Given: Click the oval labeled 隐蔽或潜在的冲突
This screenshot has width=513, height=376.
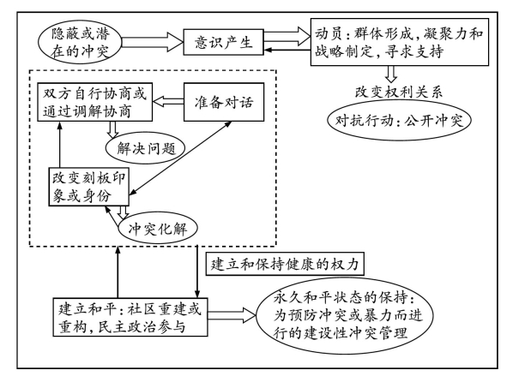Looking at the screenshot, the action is (x=80, y=42).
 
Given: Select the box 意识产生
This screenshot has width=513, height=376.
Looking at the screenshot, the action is (x=223, y=42).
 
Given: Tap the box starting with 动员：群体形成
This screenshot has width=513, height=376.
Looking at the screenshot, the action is (x=400, y=42).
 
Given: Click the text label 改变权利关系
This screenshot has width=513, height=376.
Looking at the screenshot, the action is (x=399, y=92).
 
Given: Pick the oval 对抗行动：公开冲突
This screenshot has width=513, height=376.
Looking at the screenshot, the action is (x=399, y=121).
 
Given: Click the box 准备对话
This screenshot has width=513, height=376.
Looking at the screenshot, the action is (x=224, y=102).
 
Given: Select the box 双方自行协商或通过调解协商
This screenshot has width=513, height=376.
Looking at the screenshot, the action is (x=95, y=102).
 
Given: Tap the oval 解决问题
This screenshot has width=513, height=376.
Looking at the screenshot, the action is (x=146, y=149).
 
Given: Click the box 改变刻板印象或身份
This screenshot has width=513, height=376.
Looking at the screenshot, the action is (x=88, y=187).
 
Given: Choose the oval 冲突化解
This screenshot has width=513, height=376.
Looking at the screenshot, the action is (x=158, y=229).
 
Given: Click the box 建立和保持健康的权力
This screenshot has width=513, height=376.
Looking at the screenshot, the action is (x=285, y=264).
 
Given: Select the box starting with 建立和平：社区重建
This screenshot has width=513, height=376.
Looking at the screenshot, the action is (x=130, y=317).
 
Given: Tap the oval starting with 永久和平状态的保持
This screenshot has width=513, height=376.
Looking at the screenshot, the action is (x=345, y=316).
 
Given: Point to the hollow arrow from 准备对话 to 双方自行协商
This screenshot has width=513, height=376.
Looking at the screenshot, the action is (x=168, y=102).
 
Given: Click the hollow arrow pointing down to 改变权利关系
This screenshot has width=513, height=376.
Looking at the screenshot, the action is (x=391, y=74).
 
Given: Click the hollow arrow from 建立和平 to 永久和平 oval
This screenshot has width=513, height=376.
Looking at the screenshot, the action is (x=232, y=315).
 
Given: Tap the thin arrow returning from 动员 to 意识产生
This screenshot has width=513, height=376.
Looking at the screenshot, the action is (x=287, y=50).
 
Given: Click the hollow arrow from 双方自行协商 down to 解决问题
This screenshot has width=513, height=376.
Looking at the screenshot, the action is (x=113, y=129).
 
